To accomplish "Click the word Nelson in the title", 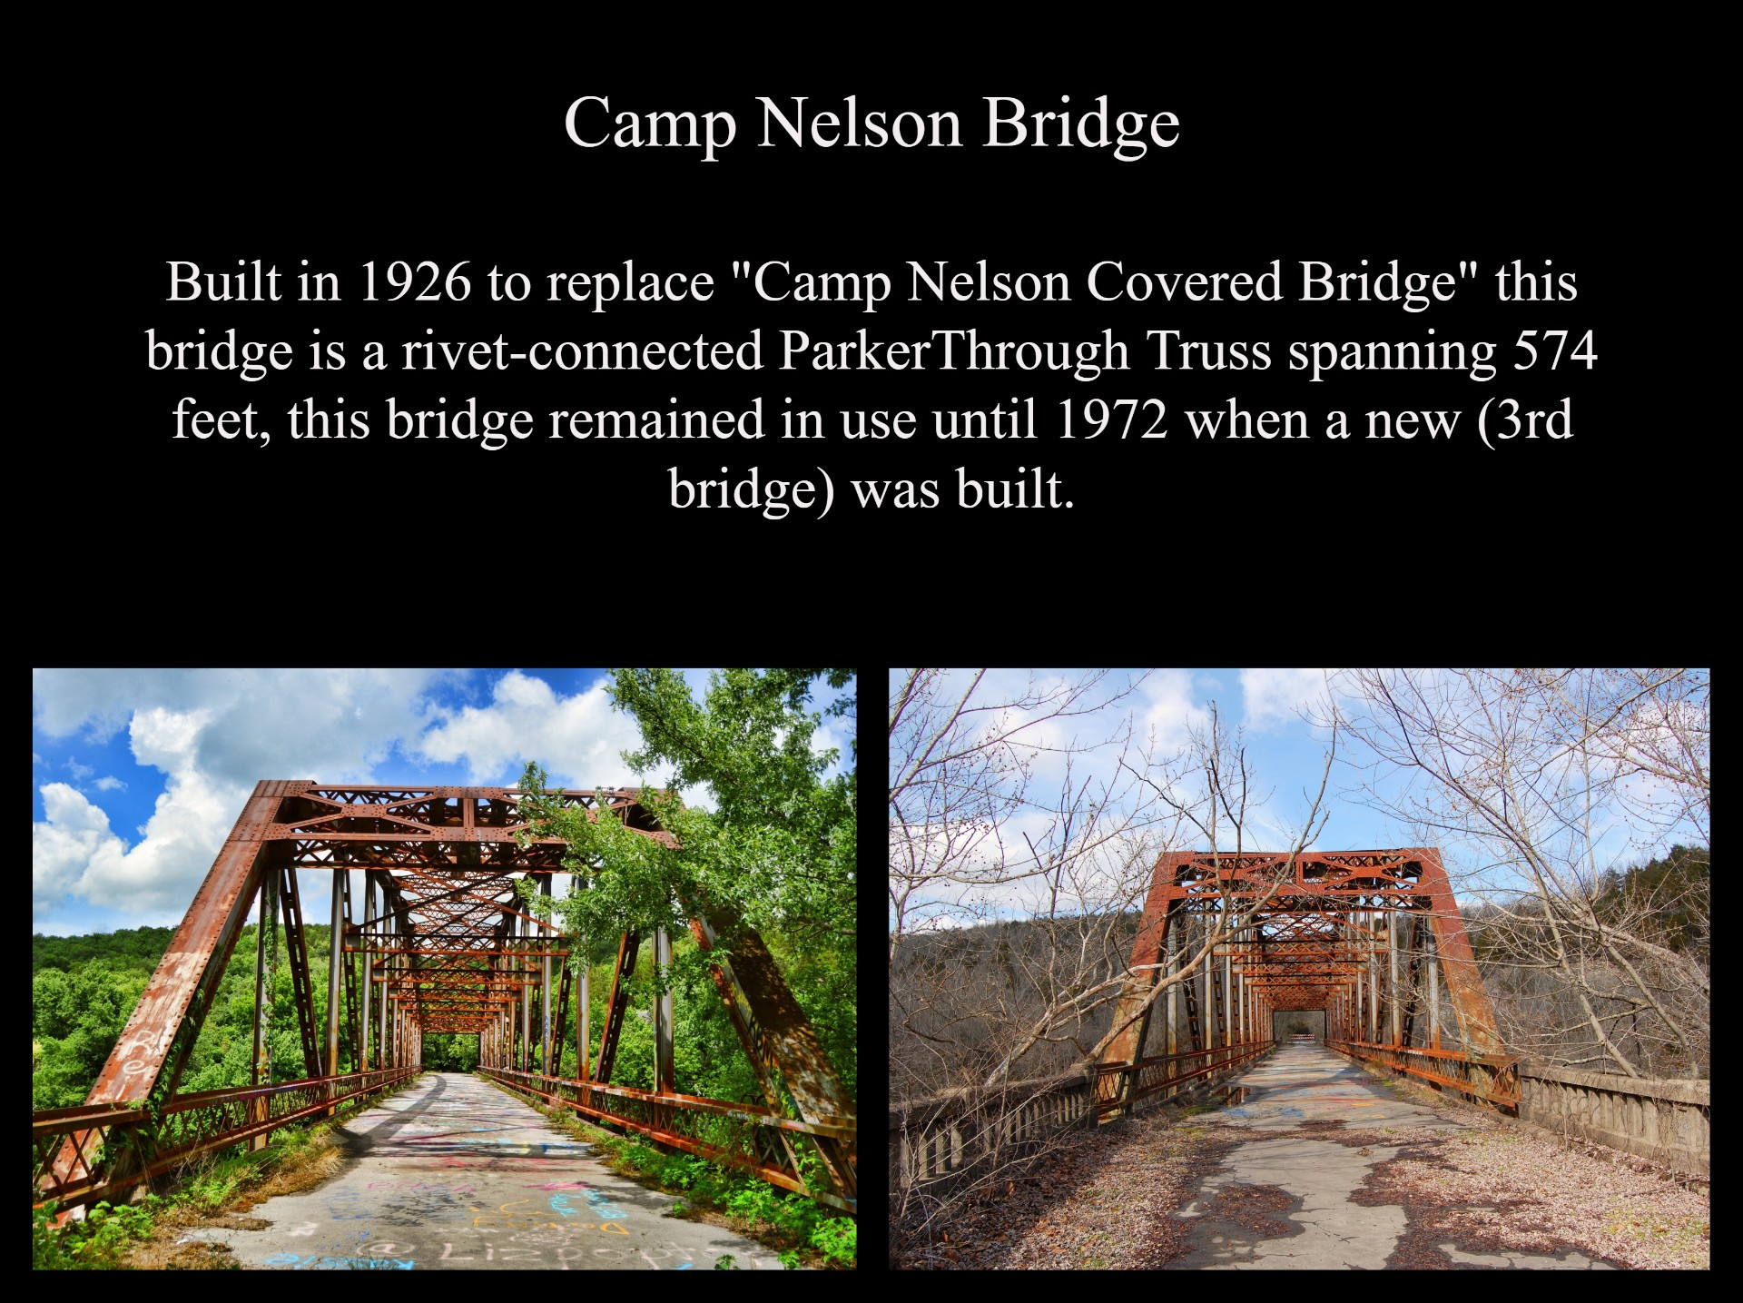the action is [x=859, y=122].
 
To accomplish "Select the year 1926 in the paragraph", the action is [x=415, y=282].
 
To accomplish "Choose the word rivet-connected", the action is [x=582, y=351].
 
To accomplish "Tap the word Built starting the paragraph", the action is [x=223, y=282].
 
